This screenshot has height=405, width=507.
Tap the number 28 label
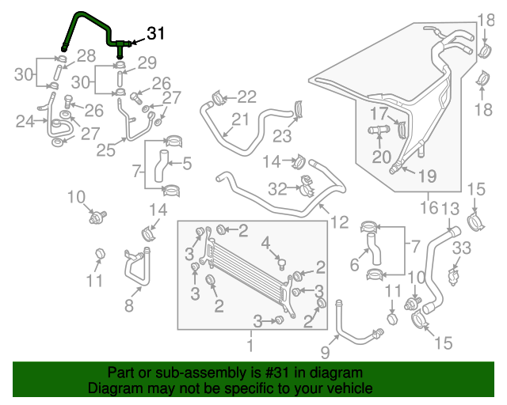(x=86, y=55)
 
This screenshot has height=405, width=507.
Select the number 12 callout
(x=339, y=222)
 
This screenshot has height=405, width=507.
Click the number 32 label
(x=277, y=188)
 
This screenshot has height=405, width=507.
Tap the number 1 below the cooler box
(x=250, y=346)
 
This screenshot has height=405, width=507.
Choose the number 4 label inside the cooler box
(x=267, y=242)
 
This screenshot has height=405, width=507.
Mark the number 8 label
(x=128, y=304)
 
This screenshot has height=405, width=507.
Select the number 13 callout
(x=450, y=209)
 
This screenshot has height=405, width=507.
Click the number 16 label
(x=429, y=209)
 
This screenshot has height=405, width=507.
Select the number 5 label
(x=188, y=164)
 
